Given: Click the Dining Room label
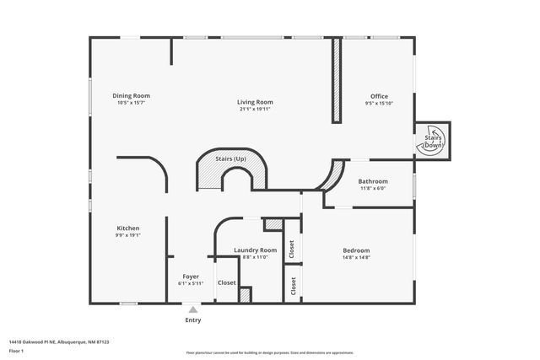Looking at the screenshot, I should (x=131, y=95).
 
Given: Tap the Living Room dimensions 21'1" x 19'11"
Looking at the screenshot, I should (x=255, y=109).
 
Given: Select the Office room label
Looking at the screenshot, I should (x=380, y=95).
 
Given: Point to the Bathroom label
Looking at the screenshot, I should (x=373, y=181).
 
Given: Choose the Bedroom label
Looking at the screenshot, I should (x=356, y=250).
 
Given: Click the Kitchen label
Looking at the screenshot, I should (x=128, y=228).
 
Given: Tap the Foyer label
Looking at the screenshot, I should (x=191, y=277).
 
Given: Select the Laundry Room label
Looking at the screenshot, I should (x=255, y=250).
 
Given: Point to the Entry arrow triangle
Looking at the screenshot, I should (x=193, y=310).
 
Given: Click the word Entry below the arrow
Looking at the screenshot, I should (x=193, y=320).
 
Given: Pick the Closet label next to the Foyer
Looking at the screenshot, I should (x=226, y=283).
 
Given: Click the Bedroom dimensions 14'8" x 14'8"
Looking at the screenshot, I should (x=356, y=257).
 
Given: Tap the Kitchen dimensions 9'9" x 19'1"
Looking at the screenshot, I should (x=128, y=235).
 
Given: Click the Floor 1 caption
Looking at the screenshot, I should (x=17, y=351).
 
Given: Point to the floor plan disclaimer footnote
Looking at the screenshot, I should (x=269, y=352).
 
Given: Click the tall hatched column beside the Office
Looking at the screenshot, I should (x=337, y=81).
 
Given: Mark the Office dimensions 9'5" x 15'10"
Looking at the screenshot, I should (x=380, y=103).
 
